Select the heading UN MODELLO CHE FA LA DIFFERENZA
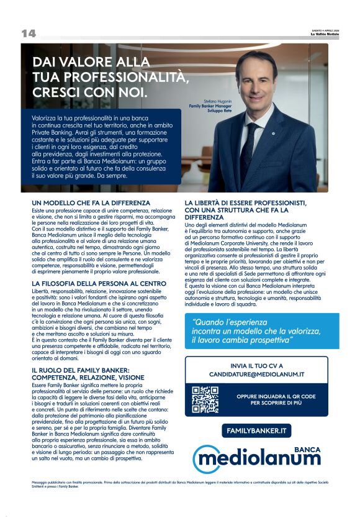pos(91,203)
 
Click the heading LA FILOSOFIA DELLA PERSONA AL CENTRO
pos(99,283)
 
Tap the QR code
pos(205,399)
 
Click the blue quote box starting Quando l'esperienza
pos(261,331)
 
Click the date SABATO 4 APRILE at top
pos(325,29)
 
